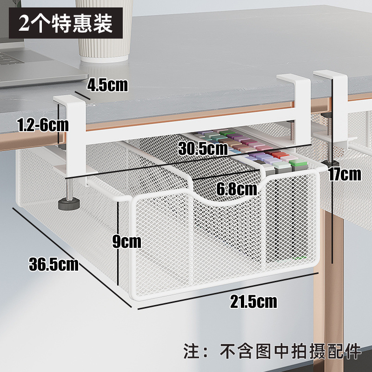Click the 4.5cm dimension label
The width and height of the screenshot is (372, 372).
(107, 85)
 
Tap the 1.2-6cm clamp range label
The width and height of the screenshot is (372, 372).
(42, 125)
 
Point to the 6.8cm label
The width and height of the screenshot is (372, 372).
(236, 189)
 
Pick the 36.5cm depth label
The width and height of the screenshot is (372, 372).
(53, 264)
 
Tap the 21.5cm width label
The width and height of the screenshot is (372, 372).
(253, 301)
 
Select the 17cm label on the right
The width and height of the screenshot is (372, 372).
(344, 174)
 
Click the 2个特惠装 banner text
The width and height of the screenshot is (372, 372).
(66, 23)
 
